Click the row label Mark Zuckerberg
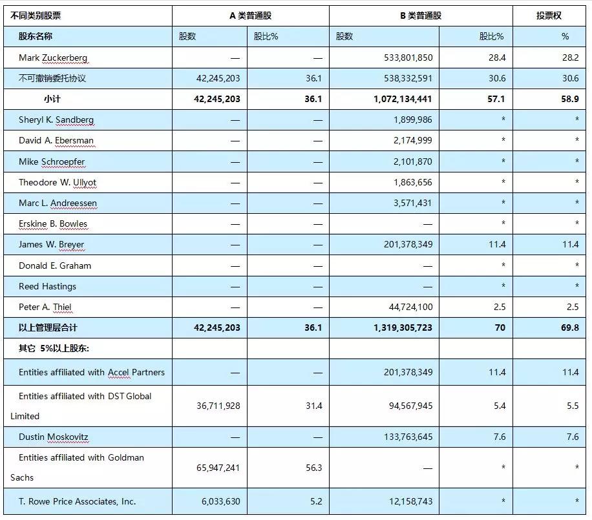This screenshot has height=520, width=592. coord(53,57)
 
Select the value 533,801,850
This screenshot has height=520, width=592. coord(408,57)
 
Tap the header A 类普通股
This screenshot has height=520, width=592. coord(250,16)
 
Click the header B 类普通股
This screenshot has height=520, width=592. coord(421,16)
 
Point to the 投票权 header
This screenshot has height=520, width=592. coord(549,16)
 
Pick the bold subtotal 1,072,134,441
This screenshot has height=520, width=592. coord(403,99)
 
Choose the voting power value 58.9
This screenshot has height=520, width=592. coord(570,99)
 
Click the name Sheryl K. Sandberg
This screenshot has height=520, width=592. coord(56,120)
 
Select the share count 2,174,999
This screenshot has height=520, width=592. coord(413,140)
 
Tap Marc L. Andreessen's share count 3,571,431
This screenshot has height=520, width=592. coord(413,203)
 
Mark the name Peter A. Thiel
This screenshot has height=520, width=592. coord(45,307)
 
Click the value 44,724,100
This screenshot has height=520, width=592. coord(411,307)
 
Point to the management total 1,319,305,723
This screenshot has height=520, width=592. coord(403,328)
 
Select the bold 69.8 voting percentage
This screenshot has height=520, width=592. coord(570,328)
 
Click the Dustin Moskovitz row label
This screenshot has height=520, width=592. coord(53,437)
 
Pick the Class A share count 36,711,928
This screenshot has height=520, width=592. coord(218,406)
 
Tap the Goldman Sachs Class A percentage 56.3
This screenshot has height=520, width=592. coord(313,468)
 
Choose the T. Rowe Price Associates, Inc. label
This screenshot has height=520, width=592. coord(77,501)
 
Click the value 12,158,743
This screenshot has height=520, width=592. coord(411,501)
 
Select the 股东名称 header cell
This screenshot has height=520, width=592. coord(35,36)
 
